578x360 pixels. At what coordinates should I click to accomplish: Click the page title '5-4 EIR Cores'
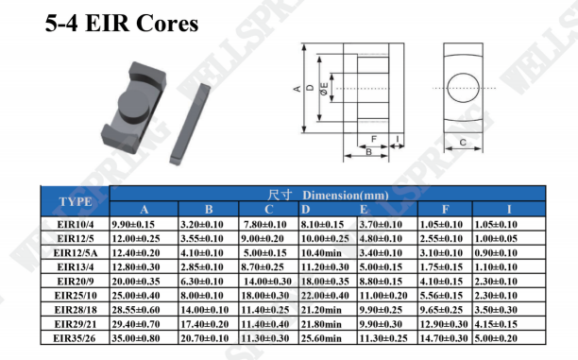(122, 24)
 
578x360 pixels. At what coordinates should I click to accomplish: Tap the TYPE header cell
(76, 201)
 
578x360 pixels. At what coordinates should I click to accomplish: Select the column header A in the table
(144, 209)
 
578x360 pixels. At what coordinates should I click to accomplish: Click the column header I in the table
(509, 209)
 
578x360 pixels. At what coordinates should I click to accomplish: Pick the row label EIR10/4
(76, 224)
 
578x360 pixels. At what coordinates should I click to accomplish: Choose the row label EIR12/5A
(76, 252)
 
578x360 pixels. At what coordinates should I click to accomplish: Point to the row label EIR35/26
(75, 338)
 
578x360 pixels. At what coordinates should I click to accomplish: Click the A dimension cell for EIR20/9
(136, 282)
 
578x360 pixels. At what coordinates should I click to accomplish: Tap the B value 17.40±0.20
(205, 324)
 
